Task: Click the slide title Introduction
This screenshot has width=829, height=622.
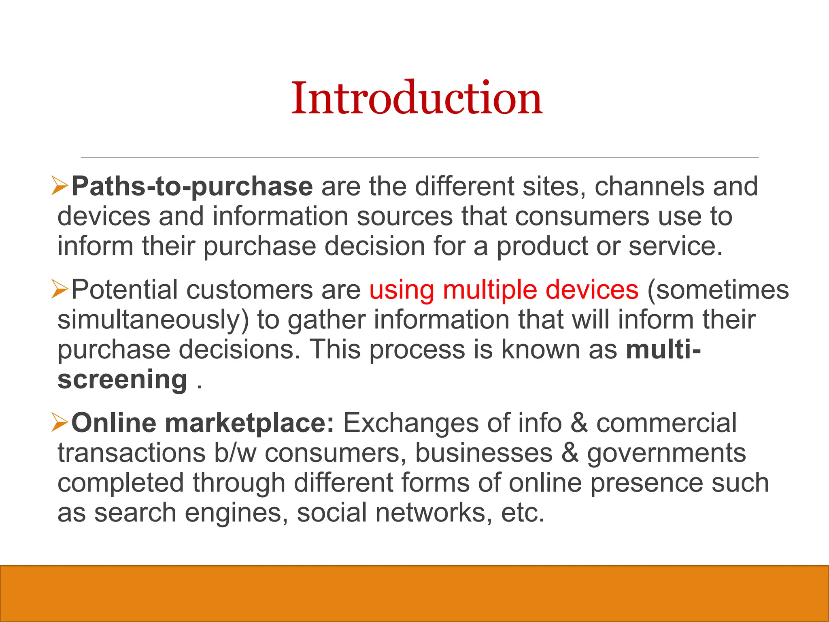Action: tap(417, 98)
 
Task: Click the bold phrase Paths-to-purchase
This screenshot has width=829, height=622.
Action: tap(192, 186)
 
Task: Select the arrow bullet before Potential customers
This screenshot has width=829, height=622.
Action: tap(60, 290)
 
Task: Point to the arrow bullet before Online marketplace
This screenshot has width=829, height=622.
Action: tap(60, 423)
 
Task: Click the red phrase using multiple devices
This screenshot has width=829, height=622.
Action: tap(504, 290)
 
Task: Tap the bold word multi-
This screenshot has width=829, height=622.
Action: tap(663, 349)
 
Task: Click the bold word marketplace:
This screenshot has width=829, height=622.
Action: tap(250, 423)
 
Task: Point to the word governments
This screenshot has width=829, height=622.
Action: tap(666, 453)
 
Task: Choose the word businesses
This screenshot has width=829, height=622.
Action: tap(484, 453)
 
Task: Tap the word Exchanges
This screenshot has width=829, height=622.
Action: tap(411, 423)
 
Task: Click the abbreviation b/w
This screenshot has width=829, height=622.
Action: tap(235, 453)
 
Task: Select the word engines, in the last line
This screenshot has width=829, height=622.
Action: tap(236, 513)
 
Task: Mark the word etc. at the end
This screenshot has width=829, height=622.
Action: tap(523, 512)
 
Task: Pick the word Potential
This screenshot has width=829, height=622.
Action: tap(124, 290)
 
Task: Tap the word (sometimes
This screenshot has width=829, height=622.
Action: tap(718, 290)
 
